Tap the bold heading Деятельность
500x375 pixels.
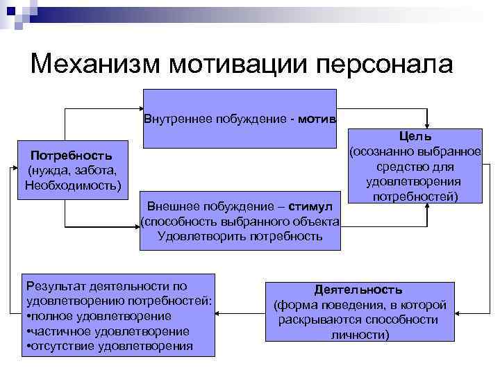point(358,289)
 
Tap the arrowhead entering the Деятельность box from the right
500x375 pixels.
point(460,310)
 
